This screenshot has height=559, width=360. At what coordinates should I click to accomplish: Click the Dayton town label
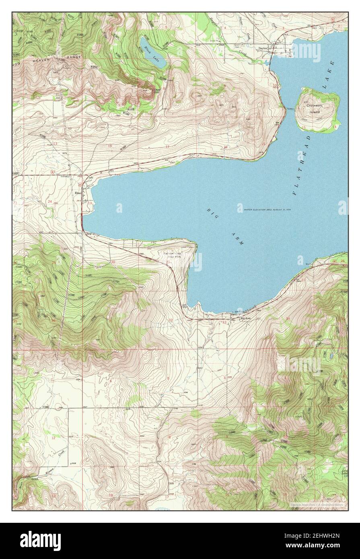click(262, 48)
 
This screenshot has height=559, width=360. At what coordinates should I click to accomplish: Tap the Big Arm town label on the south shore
click(245, 319)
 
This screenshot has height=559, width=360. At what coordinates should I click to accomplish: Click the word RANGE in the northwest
click(74, 58)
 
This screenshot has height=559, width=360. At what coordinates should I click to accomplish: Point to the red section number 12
click(53, 437)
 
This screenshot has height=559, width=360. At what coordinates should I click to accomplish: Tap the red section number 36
click(53, 321)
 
